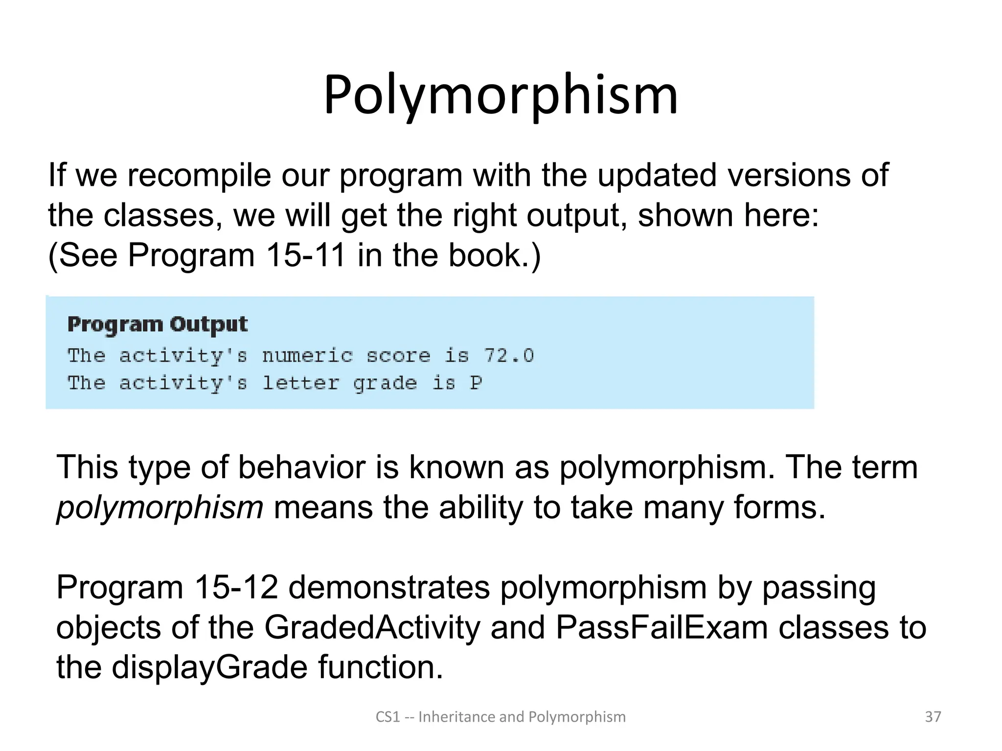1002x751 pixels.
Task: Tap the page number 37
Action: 933,717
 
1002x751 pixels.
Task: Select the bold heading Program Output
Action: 158,325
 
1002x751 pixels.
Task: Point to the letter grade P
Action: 476,383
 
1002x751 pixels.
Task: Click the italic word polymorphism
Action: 160,508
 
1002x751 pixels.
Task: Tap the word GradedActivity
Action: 372,627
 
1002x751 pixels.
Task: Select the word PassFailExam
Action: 661,627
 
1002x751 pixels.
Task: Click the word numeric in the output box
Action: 307,355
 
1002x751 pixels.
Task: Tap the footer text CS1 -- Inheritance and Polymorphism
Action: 501,717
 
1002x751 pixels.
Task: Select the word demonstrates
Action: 389,587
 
